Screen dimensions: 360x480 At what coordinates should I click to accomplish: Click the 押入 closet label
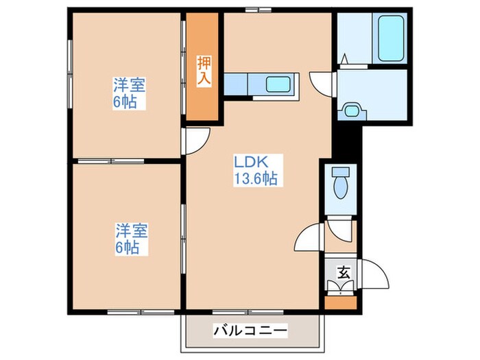pyautogui.click(x=204, y=70)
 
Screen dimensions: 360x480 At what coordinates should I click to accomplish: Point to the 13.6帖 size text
pyautogui.click(x=256, y=179)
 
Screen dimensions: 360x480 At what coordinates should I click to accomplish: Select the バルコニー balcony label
pyautogui.click(x=250, y=331)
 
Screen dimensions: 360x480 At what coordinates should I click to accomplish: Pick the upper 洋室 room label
pyautogui.click(x=130, y=86)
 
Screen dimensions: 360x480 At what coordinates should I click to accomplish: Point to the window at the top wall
pyautogui.click(x=258, y=9)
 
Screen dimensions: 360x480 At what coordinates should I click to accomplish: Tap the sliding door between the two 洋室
pyautogui.click(x=130, y=162)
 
